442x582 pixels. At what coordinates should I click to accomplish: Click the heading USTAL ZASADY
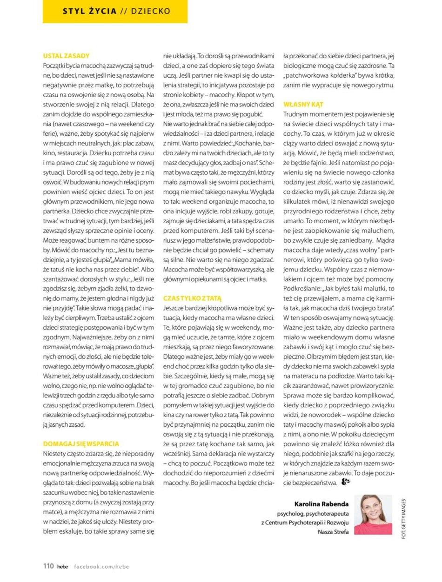(x=66, y=56)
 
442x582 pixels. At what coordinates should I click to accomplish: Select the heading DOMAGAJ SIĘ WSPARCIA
(x=81, y=443)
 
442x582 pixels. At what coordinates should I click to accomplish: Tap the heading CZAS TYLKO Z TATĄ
(x=192, y=298)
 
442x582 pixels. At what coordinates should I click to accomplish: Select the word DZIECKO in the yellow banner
(x=150, y=11)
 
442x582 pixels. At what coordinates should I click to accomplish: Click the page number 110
(x=48, y=566)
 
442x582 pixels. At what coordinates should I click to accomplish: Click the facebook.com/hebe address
(x=101, y=566)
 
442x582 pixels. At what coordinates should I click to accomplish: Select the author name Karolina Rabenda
(x=321, y=503)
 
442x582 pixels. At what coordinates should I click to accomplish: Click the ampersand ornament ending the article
(x=346, y=482)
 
